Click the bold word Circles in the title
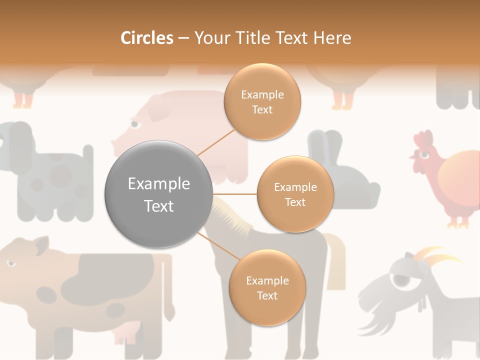coord(146,38)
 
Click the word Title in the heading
coord(255,38)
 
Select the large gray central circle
coord(158,194)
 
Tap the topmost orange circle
coord(262,101)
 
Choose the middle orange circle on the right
coord(295,194)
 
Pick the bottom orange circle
coord(267,287)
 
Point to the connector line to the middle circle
coord(234,194)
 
